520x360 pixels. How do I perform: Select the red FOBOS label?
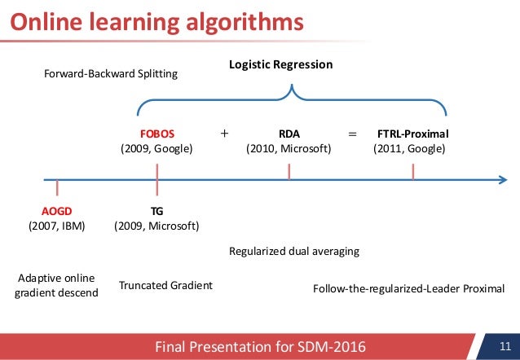click(x=157, y=133)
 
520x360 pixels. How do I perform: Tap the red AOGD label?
click(x=57, y=209)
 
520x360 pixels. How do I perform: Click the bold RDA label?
click(x=289, y=133)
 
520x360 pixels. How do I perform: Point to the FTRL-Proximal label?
click(x=413, y=133)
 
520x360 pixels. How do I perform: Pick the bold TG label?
click(x=156, y=209)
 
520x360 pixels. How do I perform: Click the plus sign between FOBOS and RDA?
click(x=224, y=132)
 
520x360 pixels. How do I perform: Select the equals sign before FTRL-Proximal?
click(x=352, y=132)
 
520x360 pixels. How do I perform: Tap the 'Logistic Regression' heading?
click(x=280, y=64)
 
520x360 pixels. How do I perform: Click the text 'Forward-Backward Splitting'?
click(x=110, y=74)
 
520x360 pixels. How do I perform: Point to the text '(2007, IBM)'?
click(x=57, y=225)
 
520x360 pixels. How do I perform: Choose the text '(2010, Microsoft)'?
click(x=289, y=149)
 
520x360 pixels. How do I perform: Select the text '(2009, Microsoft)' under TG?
click(x=156, y=225)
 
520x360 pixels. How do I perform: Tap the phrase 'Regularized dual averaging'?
click(x=294, y=252)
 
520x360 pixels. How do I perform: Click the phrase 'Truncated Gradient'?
click(x=165, y=285)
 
